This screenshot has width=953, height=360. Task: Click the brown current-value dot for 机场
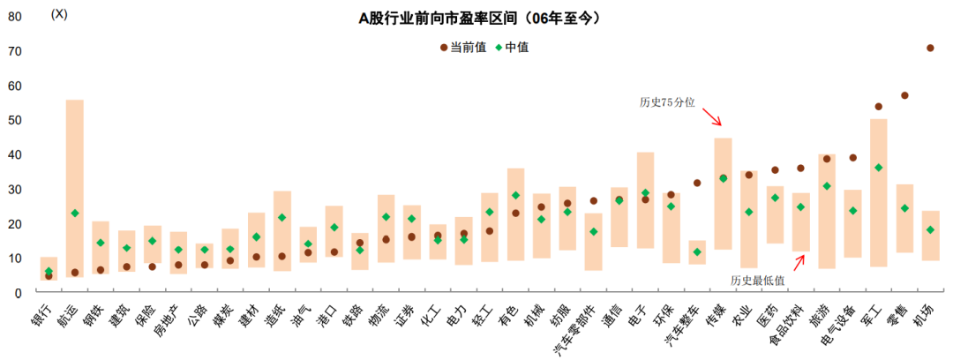click(x=930, y=48)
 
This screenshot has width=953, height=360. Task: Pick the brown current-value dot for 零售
click(x=904, y=95)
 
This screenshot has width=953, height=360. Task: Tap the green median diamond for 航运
click(x=75, y=213)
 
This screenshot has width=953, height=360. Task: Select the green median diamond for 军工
click(x=878, y=168)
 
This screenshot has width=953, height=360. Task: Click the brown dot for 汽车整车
click(x=697, y=183)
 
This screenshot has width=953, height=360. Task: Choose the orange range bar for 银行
click(x=49, y=267)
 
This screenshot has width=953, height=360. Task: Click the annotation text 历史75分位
click(x=667, y=102)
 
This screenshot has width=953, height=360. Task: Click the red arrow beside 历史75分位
click(x=712, y=115)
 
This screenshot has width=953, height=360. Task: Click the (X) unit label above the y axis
click(x=59, y=13)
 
